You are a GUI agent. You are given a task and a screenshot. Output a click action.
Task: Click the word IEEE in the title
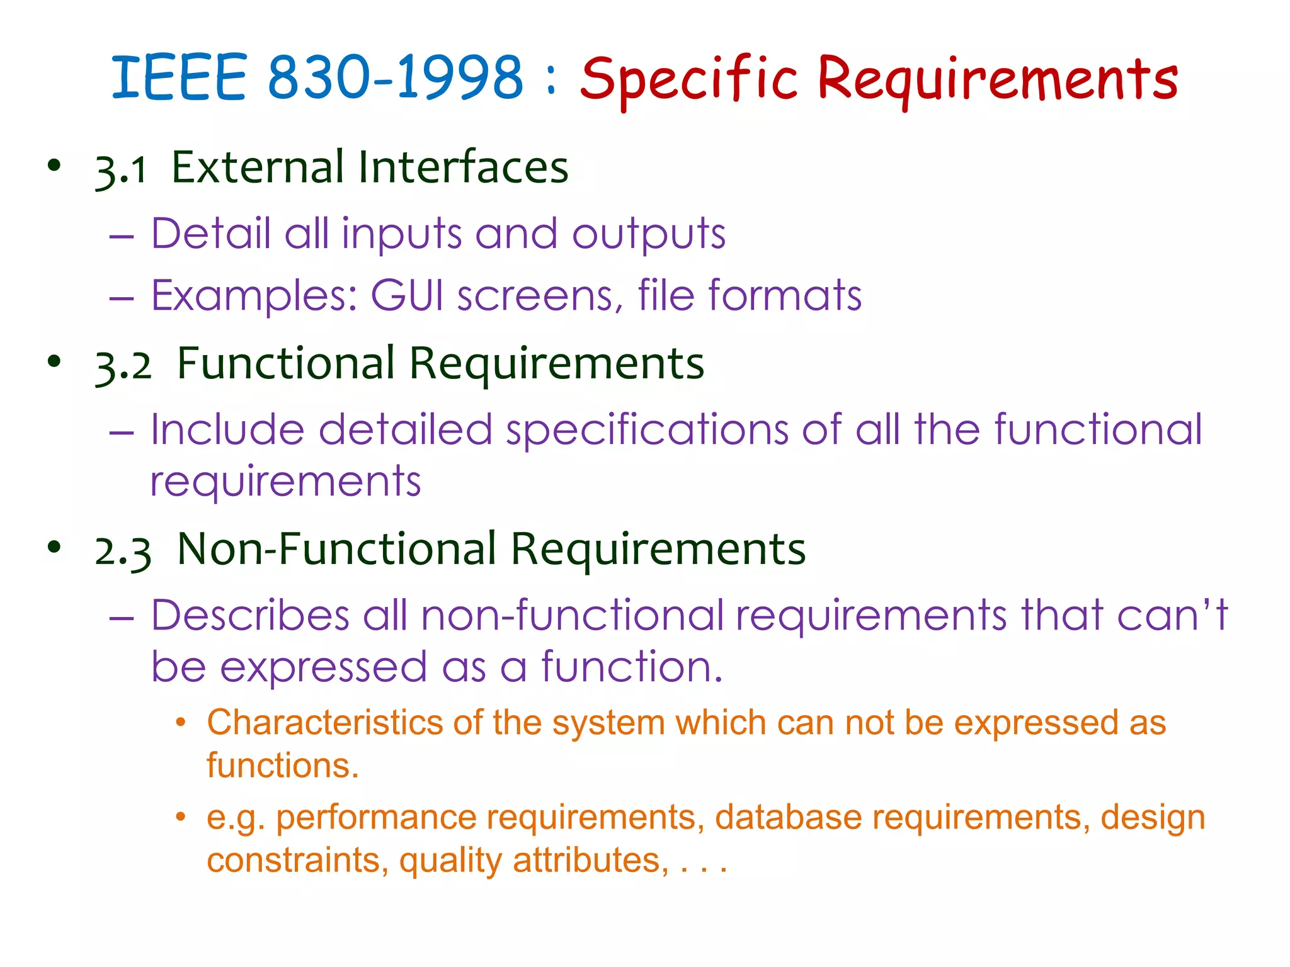point(179,78)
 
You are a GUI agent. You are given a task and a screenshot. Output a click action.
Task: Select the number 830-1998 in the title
point(396,78)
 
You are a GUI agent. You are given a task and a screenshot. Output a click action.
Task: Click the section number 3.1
point(121,169)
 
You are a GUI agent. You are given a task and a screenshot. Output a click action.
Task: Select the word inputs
point(401,235)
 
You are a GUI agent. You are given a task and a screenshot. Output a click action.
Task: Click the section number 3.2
point(123,366)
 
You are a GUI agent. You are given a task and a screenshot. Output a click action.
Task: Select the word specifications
point(647,431)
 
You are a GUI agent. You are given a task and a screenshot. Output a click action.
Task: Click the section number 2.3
point(123,551)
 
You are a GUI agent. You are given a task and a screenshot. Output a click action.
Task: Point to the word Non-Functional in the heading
point(337,549)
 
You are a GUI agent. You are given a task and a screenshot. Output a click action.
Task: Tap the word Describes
point(250,615)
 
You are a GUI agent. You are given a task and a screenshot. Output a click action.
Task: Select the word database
point(787,818)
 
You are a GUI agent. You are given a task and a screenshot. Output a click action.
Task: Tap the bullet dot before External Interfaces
point(55,166)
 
